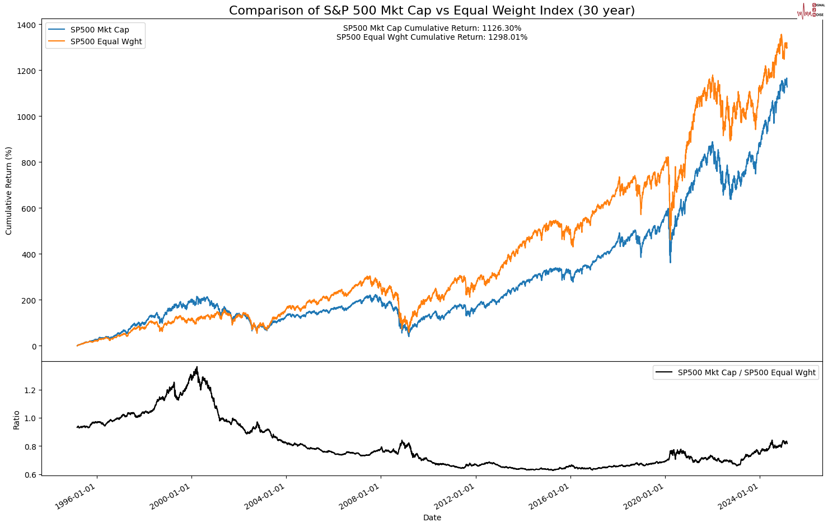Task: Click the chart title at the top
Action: pos(432,11)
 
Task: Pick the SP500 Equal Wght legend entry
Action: pos(106,41)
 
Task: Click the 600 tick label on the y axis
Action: pos(28,209)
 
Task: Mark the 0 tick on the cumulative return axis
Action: pos(34,347)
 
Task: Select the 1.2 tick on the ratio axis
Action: pos(30,390)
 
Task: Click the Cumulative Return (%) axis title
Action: pos(9,191)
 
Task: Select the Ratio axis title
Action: pos(16,420)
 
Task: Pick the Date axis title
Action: pos(432,518)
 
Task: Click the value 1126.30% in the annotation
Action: pos(502,28)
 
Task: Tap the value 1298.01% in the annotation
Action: pos(508,38)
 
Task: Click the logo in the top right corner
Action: pos(810,11)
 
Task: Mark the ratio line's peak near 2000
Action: pos(197,367)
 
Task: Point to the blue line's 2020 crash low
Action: pos(670,262)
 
